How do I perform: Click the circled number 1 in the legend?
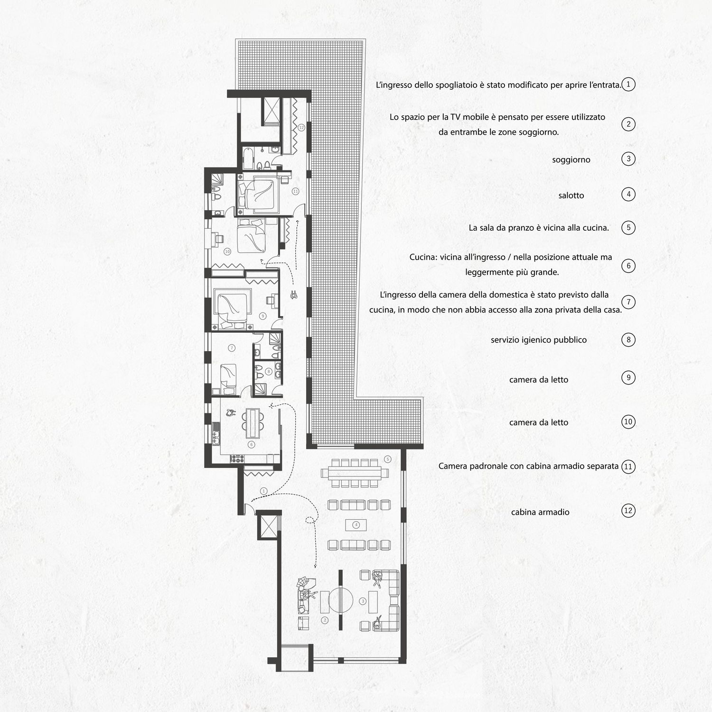point(628,84)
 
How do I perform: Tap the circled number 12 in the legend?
point(628,511)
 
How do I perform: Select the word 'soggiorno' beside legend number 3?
point(571,160)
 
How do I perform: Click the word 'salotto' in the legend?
point(571,196)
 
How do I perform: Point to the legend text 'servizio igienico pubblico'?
point(539,340)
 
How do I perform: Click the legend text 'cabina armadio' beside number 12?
point(540,512)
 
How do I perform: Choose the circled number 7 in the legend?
point(628,302)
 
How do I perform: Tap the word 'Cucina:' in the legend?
point(423,257)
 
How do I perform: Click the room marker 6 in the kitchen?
point(252,445)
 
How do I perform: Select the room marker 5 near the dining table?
point(388,459)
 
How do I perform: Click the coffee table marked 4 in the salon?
point(356,525)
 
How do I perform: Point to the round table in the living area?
point(341,600)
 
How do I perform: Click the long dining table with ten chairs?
point(355,473)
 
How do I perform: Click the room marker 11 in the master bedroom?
point(295,191)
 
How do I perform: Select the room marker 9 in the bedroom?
point(262,316)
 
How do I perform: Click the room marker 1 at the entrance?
point(264,491)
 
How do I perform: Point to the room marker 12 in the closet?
point(301,128)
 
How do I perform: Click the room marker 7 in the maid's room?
point(232,348)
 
